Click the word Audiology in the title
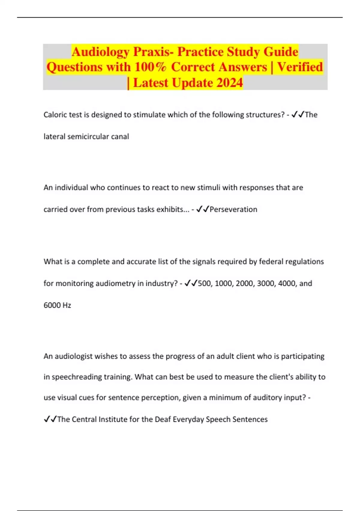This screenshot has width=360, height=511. click(100, 52)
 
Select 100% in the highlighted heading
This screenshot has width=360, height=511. click(150, 67)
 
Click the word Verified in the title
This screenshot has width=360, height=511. click(300, 67)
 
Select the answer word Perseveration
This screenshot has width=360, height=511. click(233, 210)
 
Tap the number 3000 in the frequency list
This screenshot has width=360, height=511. click(265, 283)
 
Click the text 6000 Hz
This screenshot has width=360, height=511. click(57, 305)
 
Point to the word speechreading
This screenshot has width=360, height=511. click(77, 377)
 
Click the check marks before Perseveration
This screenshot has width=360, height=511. click(202, 210)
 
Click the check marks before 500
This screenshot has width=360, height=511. click(191, 283)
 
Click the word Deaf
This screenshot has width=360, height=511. click(163, 419)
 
